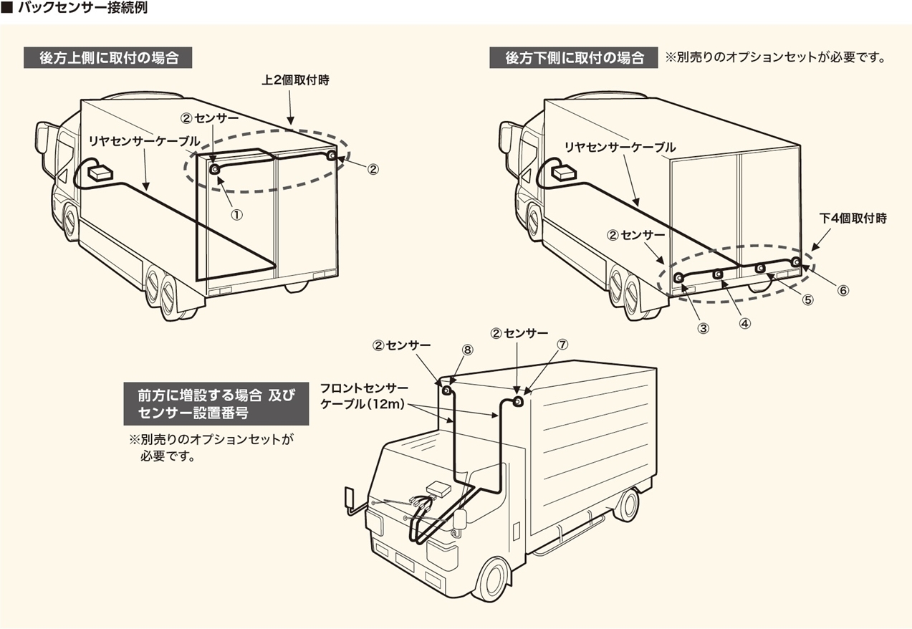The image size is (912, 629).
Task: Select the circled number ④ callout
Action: (745, 322)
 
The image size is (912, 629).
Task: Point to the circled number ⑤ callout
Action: (807, 300)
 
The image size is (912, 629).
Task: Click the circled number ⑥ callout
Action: (843, 291)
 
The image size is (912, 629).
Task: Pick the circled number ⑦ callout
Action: (562, 345)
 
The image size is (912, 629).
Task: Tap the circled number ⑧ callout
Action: (467, 350)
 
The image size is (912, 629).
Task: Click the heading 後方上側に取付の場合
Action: (109, 58)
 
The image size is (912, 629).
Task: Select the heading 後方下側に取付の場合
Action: (574, 58)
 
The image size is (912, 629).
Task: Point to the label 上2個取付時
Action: (295, 81)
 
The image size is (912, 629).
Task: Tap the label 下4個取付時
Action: (853, 219)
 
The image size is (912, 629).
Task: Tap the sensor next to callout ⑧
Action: (446, 390)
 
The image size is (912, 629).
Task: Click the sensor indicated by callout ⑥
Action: (795, 261)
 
